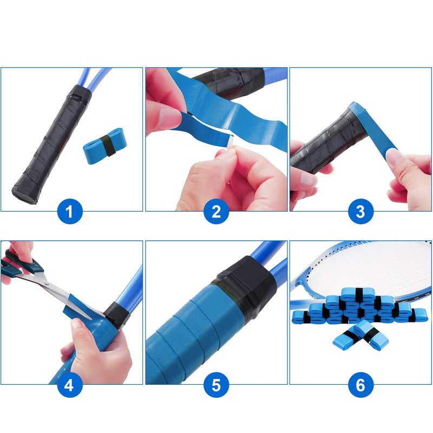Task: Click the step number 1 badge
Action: pos(70,211)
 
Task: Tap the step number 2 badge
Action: pos(216,211)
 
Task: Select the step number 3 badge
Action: pos(360,211)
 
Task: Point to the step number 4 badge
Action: pos(70,385)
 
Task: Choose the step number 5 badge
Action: pos(216,385)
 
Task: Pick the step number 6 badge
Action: pos(360,385)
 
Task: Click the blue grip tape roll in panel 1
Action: pos(104,146)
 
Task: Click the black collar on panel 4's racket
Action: pos(117,315)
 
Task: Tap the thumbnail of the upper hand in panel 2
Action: pos(169,117)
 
